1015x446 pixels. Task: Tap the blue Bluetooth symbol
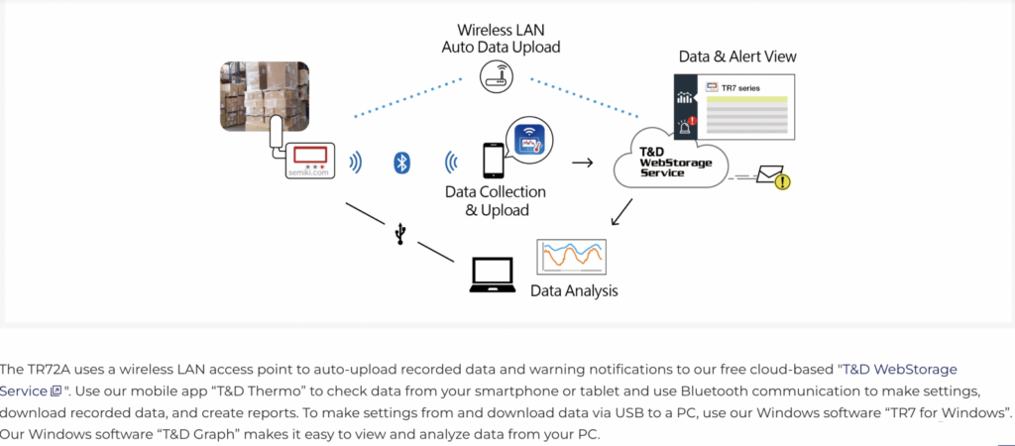(x=401, y=163)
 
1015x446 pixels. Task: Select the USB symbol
(x=399, y=233)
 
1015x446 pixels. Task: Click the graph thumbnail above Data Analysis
(x=571, y=257)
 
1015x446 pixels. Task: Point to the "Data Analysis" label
(x=574, y=291)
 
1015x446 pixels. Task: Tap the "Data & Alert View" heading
(x=737, y=56)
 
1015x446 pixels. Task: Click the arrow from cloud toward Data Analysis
(x=622, y=211)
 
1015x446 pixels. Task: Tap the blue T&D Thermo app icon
(x=528, y=140)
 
